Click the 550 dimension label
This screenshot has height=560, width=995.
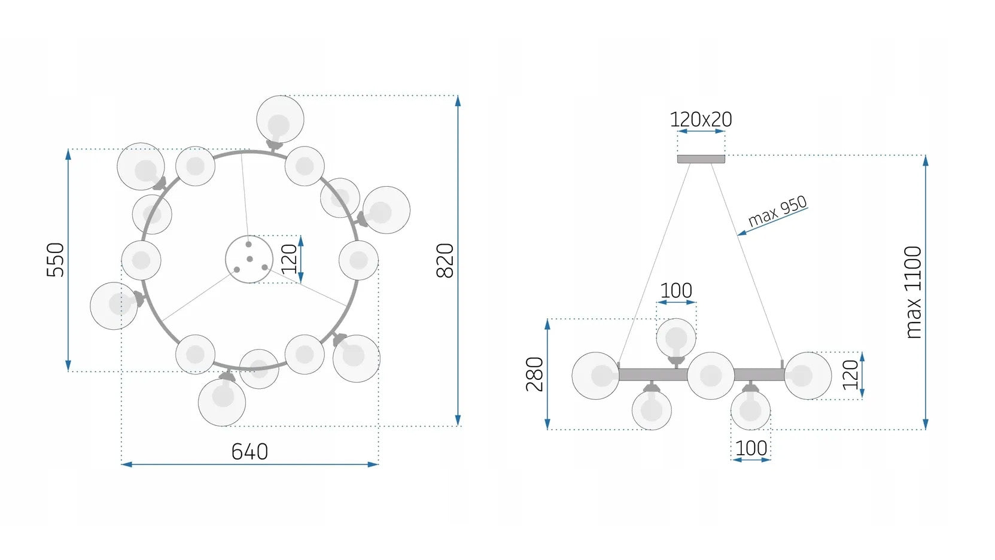point(55,260)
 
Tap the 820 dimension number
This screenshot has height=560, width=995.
point(445,260)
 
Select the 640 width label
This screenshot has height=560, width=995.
point(249,451)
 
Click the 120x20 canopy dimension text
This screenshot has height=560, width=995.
point(701,120)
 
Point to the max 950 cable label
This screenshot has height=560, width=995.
point(777,211)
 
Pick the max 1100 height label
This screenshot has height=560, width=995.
point(913,293)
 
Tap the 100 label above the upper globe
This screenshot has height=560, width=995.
point(676,291)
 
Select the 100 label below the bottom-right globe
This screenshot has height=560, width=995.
point(751,448)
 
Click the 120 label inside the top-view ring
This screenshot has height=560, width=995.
point(289,258)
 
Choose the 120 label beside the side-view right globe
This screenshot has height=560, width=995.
point(850,375)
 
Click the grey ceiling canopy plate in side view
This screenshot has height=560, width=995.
point(701,159)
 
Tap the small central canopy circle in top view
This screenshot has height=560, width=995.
point(249,259)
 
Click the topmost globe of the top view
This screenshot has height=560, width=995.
point(280,119)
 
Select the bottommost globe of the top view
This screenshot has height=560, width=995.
point(222,402)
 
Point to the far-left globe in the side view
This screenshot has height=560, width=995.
point(595,376)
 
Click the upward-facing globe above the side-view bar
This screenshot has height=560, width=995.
point(676,338)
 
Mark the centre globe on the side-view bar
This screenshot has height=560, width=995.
point(710,376)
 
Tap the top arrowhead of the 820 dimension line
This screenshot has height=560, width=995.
point(458,100)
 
